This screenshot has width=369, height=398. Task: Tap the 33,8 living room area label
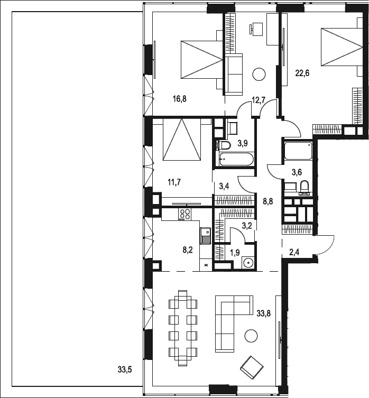[264, 313]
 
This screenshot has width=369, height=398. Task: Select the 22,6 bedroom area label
[302, 73]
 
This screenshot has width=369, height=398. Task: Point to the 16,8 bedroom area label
[180, 98]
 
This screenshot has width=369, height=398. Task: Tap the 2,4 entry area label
[295, 252]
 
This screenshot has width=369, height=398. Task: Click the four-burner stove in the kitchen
[185, 214]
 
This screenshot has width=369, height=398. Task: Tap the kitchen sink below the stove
[205, 233]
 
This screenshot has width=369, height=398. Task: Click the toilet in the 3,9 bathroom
[224, 145]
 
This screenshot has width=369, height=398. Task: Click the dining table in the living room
[183, 327]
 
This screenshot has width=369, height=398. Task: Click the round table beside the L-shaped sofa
[252, 334]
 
